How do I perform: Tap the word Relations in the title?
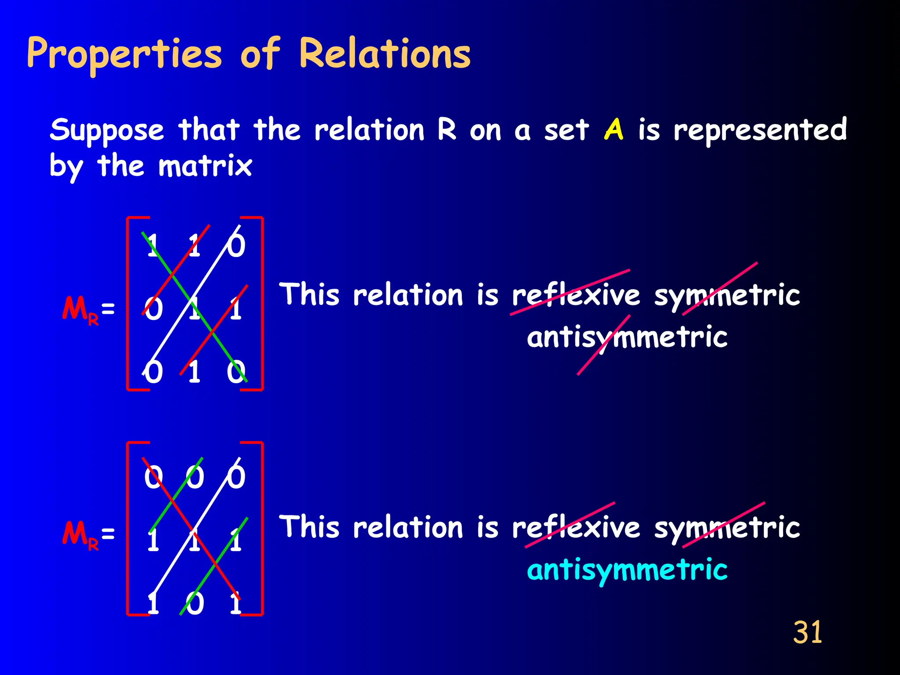(x=385, y=54)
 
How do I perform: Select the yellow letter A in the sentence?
(x=614, y=129)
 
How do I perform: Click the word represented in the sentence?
(x=760, y=131)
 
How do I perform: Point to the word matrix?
(x=205, y=166)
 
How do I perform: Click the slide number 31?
(x=807, y=632)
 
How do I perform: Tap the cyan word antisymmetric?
(x=627, y=570)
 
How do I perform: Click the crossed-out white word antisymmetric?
(x=627, y=337)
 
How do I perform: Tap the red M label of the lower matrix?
(x=75, y=533)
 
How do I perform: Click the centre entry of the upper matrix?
(x=194, y=308)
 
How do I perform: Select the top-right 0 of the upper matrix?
(x=236, y=245)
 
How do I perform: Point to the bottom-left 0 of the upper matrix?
(x=153, y=372)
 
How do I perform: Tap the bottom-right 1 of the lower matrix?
(x=236, y=603)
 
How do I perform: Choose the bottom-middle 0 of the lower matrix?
(x=195, y=603)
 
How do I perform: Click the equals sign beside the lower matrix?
(x=108, y=533)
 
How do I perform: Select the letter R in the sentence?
(x=447, y=130)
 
